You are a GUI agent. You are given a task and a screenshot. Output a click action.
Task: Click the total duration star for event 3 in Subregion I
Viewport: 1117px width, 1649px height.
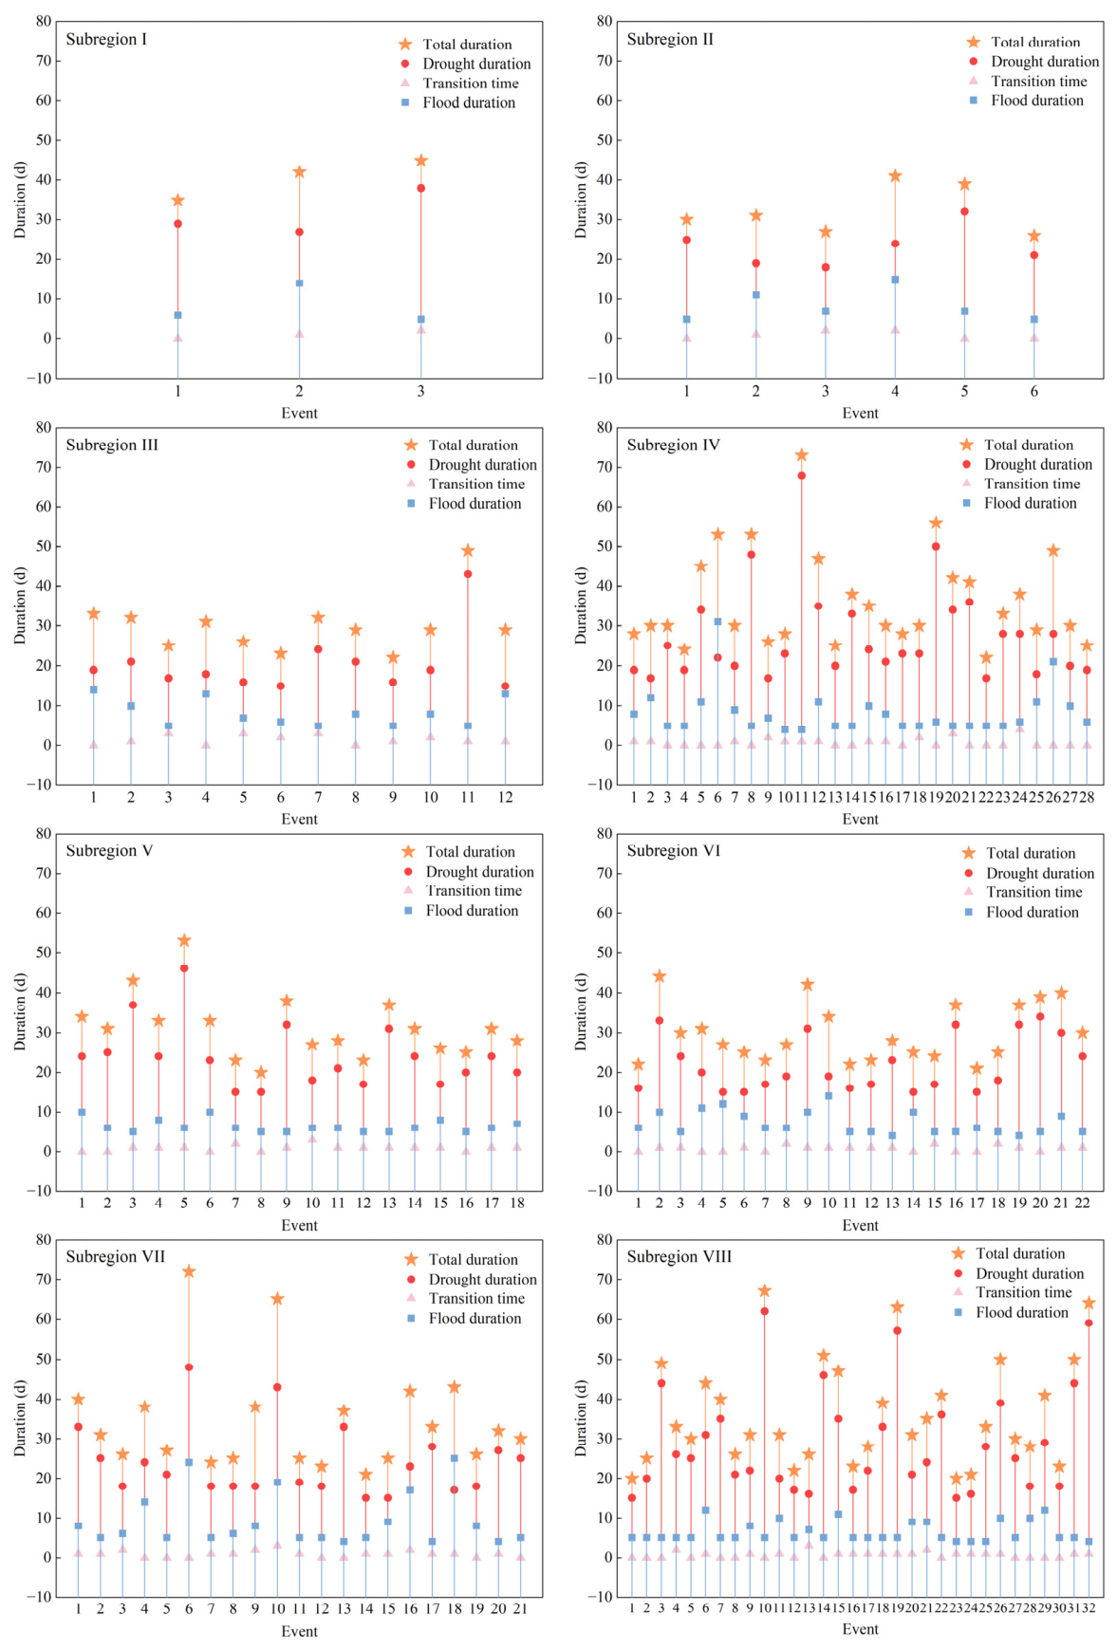pyautogui.click(x=421, y=160)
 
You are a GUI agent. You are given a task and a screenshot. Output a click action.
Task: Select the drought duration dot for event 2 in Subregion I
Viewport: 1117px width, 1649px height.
pyautogui.click(x=299, y=232)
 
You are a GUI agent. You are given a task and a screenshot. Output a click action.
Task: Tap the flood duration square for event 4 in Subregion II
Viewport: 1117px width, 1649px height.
pyautogui.click(x=895, y=280)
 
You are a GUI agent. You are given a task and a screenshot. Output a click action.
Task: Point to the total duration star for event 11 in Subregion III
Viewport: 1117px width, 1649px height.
pyautogui.click(x=468, y=550)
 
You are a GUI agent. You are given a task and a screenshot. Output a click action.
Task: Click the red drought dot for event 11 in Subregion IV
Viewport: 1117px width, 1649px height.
pyautogui.click(x=802, y=475)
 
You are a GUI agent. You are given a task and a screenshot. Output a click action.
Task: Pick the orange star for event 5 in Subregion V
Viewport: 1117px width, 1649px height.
pyautogui.click(x=184, y=940)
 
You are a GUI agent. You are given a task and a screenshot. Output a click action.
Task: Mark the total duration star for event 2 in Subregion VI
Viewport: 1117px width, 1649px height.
pyautogui.click(x=660, y=976)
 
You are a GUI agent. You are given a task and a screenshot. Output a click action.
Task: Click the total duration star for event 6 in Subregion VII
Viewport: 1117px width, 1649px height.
pyautogui.click(x=189, y=1271)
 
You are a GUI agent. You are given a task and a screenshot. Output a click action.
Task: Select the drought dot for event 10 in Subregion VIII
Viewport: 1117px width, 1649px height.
pyautogui.click(x=764, y=1311)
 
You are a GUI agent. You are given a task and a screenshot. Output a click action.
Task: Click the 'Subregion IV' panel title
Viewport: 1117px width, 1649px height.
pyautogui.click(x=673, y=445)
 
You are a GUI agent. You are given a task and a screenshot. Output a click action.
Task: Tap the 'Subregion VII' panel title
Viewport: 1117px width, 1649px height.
pyautogui.click(x=115, y=1257)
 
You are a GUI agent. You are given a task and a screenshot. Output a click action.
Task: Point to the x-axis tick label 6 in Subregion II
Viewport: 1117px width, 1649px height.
pyautogui.click(x=1034, y=391)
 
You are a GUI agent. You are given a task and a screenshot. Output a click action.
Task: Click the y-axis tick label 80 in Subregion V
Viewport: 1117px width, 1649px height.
pyautogui.click(x=44, y=833)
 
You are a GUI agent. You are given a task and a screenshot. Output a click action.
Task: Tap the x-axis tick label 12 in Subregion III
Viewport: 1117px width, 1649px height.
pyautogui.click(x=505, y=797)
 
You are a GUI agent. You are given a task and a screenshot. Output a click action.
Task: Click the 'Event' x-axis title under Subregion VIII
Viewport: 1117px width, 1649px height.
pyautogui.click(x=861, y=1629)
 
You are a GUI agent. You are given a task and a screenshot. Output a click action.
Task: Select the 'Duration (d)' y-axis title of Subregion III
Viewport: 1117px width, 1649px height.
pyautogui.click(x=20, y=605)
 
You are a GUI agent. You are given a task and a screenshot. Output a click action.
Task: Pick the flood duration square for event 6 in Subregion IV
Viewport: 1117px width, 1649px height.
pyautogui.click(x=717, y=622)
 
